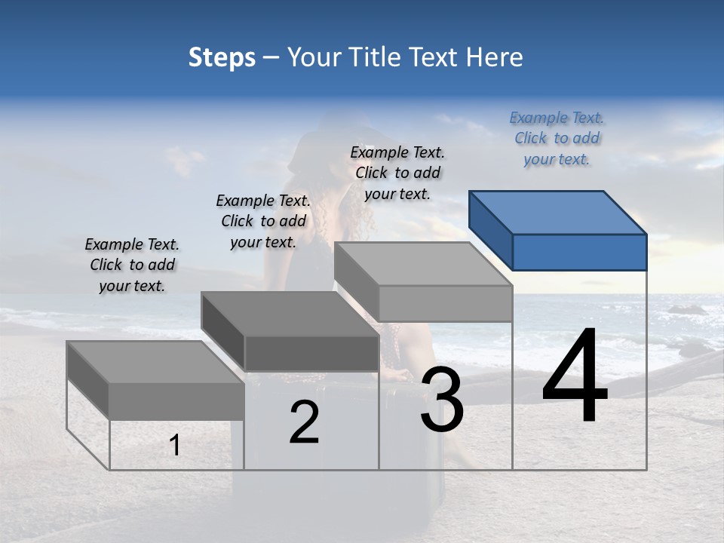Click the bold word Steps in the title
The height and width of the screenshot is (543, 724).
[222, 57]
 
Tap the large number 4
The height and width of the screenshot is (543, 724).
[575, 377]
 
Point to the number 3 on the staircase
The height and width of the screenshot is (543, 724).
[442, 400]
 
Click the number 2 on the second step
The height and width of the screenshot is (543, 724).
[304, 423]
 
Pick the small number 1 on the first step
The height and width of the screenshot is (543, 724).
[175, 446]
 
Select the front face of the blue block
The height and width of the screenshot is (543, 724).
[579, 252]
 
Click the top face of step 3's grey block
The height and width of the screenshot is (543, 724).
[422, 264]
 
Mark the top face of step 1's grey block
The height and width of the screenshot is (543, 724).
[155, 362]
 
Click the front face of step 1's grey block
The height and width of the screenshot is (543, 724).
[176, 401]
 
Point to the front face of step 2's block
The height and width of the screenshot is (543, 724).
[311, 353]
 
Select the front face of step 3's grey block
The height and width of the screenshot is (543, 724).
[445, 303]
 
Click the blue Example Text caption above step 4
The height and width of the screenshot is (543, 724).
[557, 139]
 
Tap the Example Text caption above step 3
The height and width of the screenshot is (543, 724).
[397, 173]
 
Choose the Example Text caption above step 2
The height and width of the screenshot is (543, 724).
[263, 221]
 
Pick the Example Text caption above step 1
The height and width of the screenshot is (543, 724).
[132, 265]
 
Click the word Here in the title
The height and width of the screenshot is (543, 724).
[495, 57]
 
